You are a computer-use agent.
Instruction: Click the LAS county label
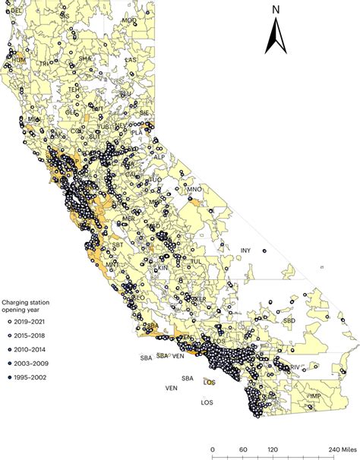pos(131,60)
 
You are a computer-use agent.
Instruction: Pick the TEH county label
pos(74,89)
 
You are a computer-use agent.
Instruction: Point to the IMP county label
pos(314,396)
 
